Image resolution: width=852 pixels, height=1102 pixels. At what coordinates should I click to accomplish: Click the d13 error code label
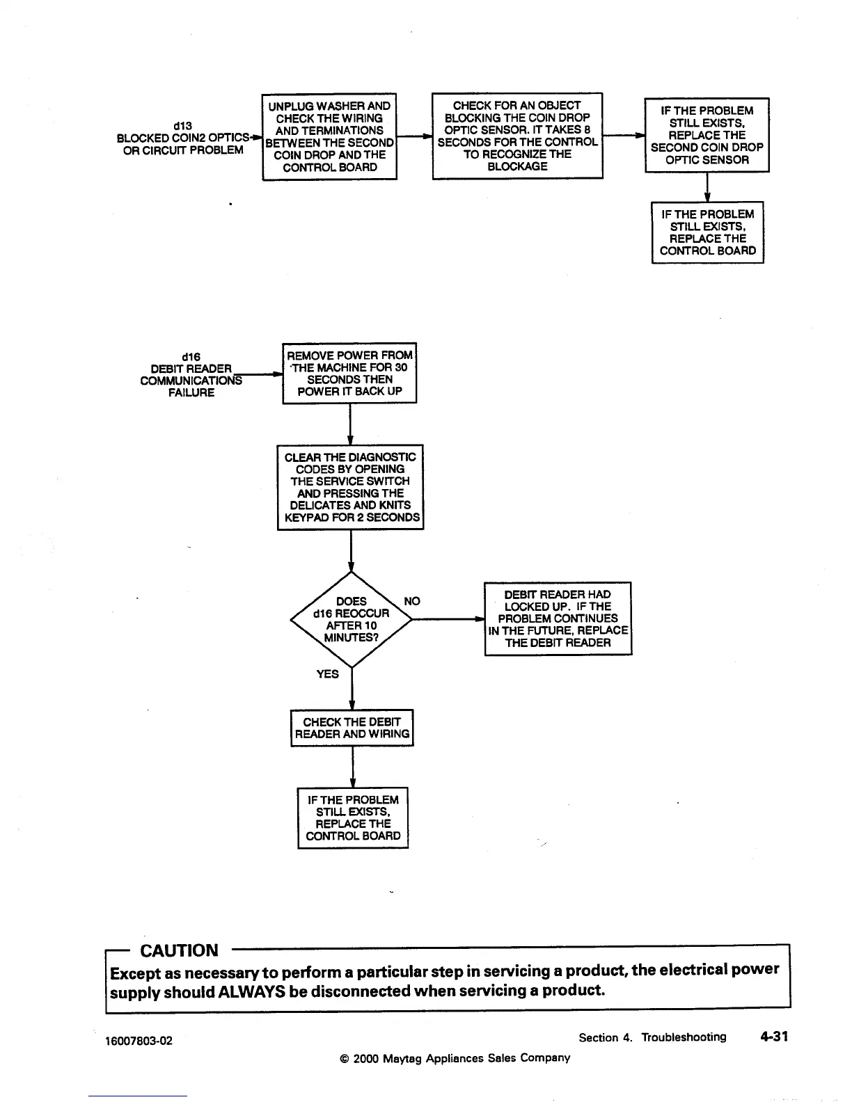tap(182, 125)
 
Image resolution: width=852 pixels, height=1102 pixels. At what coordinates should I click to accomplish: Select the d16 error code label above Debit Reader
tap(191, 356)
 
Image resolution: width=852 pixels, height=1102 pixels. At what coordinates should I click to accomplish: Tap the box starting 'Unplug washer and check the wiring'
tap(329, 136)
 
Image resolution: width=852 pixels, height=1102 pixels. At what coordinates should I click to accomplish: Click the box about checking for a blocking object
tap(517, 136)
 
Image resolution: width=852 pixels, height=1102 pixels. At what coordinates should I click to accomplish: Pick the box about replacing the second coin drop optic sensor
tap(707, 135)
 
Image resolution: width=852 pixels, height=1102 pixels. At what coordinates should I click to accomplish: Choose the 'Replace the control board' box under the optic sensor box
tap(707, 232)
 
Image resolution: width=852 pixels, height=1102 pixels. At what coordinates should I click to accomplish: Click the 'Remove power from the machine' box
tap(349, 373)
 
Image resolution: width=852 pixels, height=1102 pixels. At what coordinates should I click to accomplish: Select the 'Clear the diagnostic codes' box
tap(350, 487)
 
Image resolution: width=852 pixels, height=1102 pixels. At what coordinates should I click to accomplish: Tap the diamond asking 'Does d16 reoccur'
tap(351, 619)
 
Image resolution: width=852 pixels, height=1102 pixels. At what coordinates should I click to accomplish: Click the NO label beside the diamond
tap(412, 601)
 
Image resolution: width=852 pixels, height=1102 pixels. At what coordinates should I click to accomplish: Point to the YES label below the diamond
tap(327, 674)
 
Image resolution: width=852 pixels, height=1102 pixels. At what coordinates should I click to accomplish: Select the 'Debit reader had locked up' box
tap(558, 618)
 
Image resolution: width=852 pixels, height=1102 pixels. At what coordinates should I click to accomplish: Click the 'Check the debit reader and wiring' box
tap(352, 728)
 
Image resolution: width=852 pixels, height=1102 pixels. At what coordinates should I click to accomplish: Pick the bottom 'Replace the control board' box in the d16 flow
tap(353, 817)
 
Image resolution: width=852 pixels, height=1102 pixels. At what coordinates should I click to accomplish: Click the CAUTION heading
tap(179, 950)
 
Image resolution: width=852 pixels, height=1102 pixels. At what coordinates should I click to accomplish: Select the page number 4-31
tap(774, 1037)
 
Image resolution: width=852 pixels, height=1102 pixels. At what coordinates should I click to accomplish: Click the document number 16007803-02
tap(139, 1041)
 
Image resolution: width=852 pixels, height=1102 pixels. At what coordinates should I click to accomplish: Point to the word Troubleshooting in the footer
tap(683, 1037)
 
